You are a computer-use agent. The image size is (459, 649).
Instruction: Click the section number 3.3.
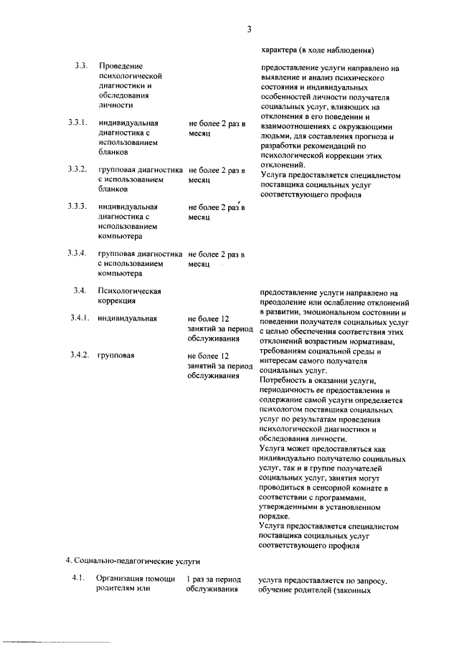coord(80,67)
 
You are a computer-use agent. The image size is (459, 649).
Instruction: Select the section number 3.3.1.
coord(77,123)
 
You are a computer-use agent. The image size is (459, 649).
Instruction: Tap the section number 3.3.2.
coord(77,170)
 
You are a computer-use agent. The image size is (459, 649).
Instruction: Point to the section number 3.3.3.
coord(77,207)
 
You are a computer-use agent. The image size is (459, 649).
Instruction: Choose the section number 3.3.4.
coord(77,254)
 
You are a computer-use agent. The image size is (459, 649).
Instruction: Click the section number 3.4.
coord(80,291)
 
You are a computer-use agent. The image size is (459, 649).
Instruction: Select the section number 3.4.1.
coord(79,318)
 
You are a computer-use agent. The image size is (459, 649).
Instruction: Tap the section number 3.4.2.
coord(79,356)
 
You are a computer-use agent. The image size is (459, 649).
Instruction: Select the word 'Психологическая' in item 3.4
coord(130,291)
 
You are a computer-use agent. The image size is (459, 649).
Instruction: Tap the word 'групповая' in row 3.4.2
coord(117,356)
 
